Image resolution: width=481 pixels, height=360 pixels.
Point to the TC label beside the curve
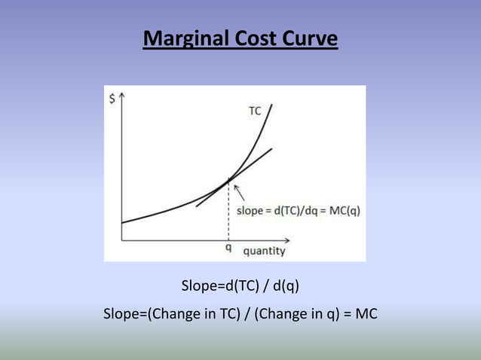255,110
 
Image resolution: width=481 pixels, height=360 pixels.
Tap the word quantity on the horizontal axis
264,250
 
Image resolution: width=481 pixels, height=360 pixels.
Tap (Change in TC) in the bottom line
203,313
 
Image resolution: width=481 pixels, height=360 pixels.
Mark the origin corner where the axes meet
122,239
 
